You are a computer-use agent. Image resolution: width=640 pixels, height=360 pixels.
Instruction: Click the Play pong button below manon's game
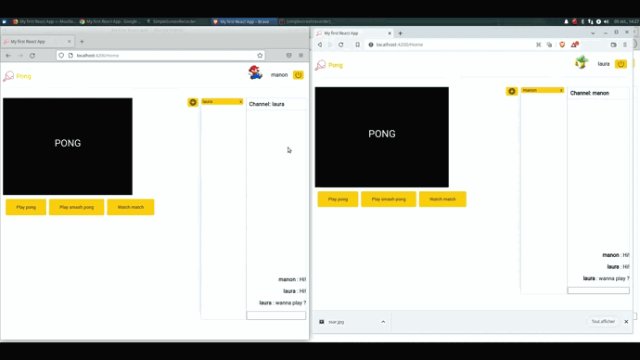[x=26, y=207]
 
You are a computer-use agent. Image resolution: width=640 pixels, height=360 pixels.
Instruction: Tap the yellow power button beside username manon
[x=299, y=75]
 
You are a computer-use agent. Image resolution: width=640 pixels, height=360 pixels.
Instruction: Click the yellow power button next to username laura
[x=621, y=64]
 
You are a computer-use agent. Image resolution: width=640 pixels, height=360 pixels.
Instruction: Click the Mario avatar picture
[x=255, y=73]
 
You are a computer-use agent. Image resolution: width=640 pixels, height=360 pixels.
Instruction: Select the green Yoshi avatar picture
[x=581, y=63]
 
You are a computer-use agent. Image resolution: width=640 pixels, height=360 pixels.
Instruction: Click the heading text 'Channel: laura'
[x=266, y=104]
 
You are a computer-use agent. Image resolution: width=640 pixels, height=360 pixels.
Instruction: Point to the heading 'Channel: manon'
[x=589, y=93]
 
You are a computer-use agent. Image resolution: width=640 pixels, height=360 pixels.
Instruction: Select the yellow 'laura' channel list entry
[x=222, y=102]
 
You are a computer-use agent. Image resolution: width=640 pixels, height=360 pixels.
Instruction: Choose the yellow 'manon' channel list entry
[x=543, y=91]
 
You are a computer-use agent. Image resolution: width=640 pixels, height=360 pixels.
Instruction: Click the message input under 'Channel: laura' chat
[x=275, y=315]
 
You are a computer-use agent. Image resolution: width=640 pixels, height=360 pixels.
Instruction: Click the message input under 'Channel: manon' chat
[x=598, y=290]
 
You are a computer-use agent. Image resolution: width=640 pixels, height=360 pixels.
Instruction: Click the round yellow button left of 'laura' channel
[x=193, y=102]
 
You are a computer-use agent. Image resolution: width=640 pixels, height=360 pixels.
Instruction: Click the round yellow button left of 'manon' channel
[x=511, y=91]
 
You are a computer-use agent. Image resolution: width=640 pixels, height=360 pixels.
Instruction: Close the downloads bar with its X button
[x=626, y=322]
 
